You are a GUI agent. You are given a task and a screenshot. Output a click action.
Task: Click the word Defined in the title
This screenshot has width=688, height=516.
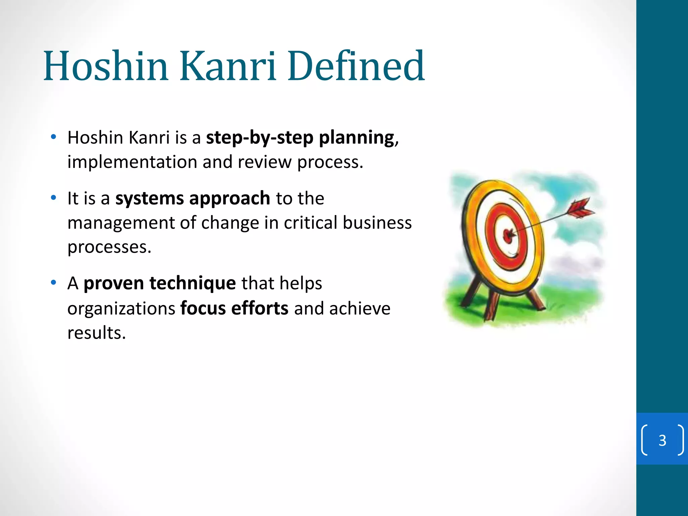pyautogui.click(x=356, y=66)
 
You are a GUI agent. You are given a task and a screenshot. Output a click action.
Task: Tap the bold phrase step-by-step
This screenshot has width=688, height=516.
pyautogui.click(x=259, y=138)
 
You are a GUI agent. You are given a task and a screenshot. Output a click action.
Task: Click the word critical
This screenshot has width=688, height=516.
pyautogui.click(x=310, y=223)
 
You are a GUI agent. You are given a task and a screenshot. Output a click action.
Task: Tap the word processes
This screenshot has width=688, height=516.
pyautogui.click(x=109, y=248)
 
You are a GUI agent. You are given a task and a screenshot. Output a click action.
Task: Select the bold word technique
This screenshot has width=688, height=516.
pyautogui.click(x=192, y=283)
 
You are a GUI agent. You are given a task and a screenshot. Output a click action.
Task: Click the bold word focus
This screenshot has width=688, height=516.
pyautogui.click(x=203, y=308)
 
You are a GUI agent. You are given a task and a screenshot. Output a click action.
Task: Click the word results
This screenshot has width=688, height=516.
pyautogui.click(x=96, y=333)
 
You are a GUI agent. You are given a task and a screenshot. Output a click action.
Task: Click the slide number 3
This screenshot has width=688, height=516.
pyautogui.click(x=662, y=440)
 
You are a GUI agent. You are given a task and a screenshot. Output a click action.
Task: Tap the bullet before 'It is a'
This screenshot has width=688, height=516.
pyautogui.click(x=53, y=198)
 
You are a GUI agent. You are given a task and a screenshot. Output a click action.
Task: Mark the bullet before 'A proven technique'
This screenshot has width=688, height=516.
pyautogui.click(x=53, y=283)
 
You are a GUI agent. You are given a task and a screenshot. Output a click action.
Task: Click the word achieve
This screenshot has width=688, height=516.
pyautogui.click(x=359, y=308)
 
